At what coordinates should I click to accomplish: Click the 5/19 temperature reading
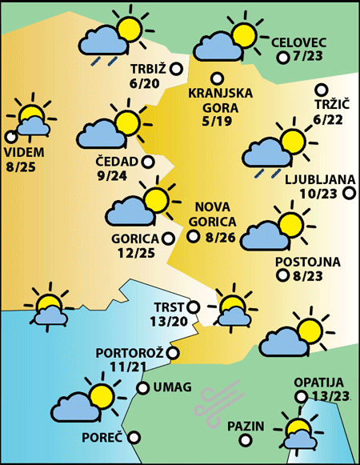(x=220, y=122)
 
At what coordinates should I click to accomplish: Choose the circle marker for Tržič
(x=321, y=90)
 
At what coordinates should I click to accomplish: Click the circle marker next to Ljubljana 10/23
(x=349, y=193)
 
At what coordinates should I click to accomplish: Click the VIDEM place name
(x=24, y=153)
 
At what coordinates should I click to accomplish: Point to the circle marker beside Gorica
(x=167, y=238)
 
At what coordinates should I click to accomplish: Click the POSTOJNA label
(x=307, y=262)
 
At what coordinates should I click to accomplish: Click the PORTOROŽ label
(x=130, y=352)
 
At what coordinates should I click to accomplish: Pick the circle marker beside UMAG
(x=143, y=388)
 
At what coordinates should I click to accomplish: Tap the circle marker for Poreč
(x=134, y=437)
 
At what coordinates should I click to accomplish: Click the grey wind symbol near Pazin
(x=219, y=399)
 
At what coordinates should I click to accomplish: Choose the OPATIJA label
(x=318, y=383)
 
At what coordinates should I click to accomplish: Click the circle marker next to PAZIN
(x=274, y=427)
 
